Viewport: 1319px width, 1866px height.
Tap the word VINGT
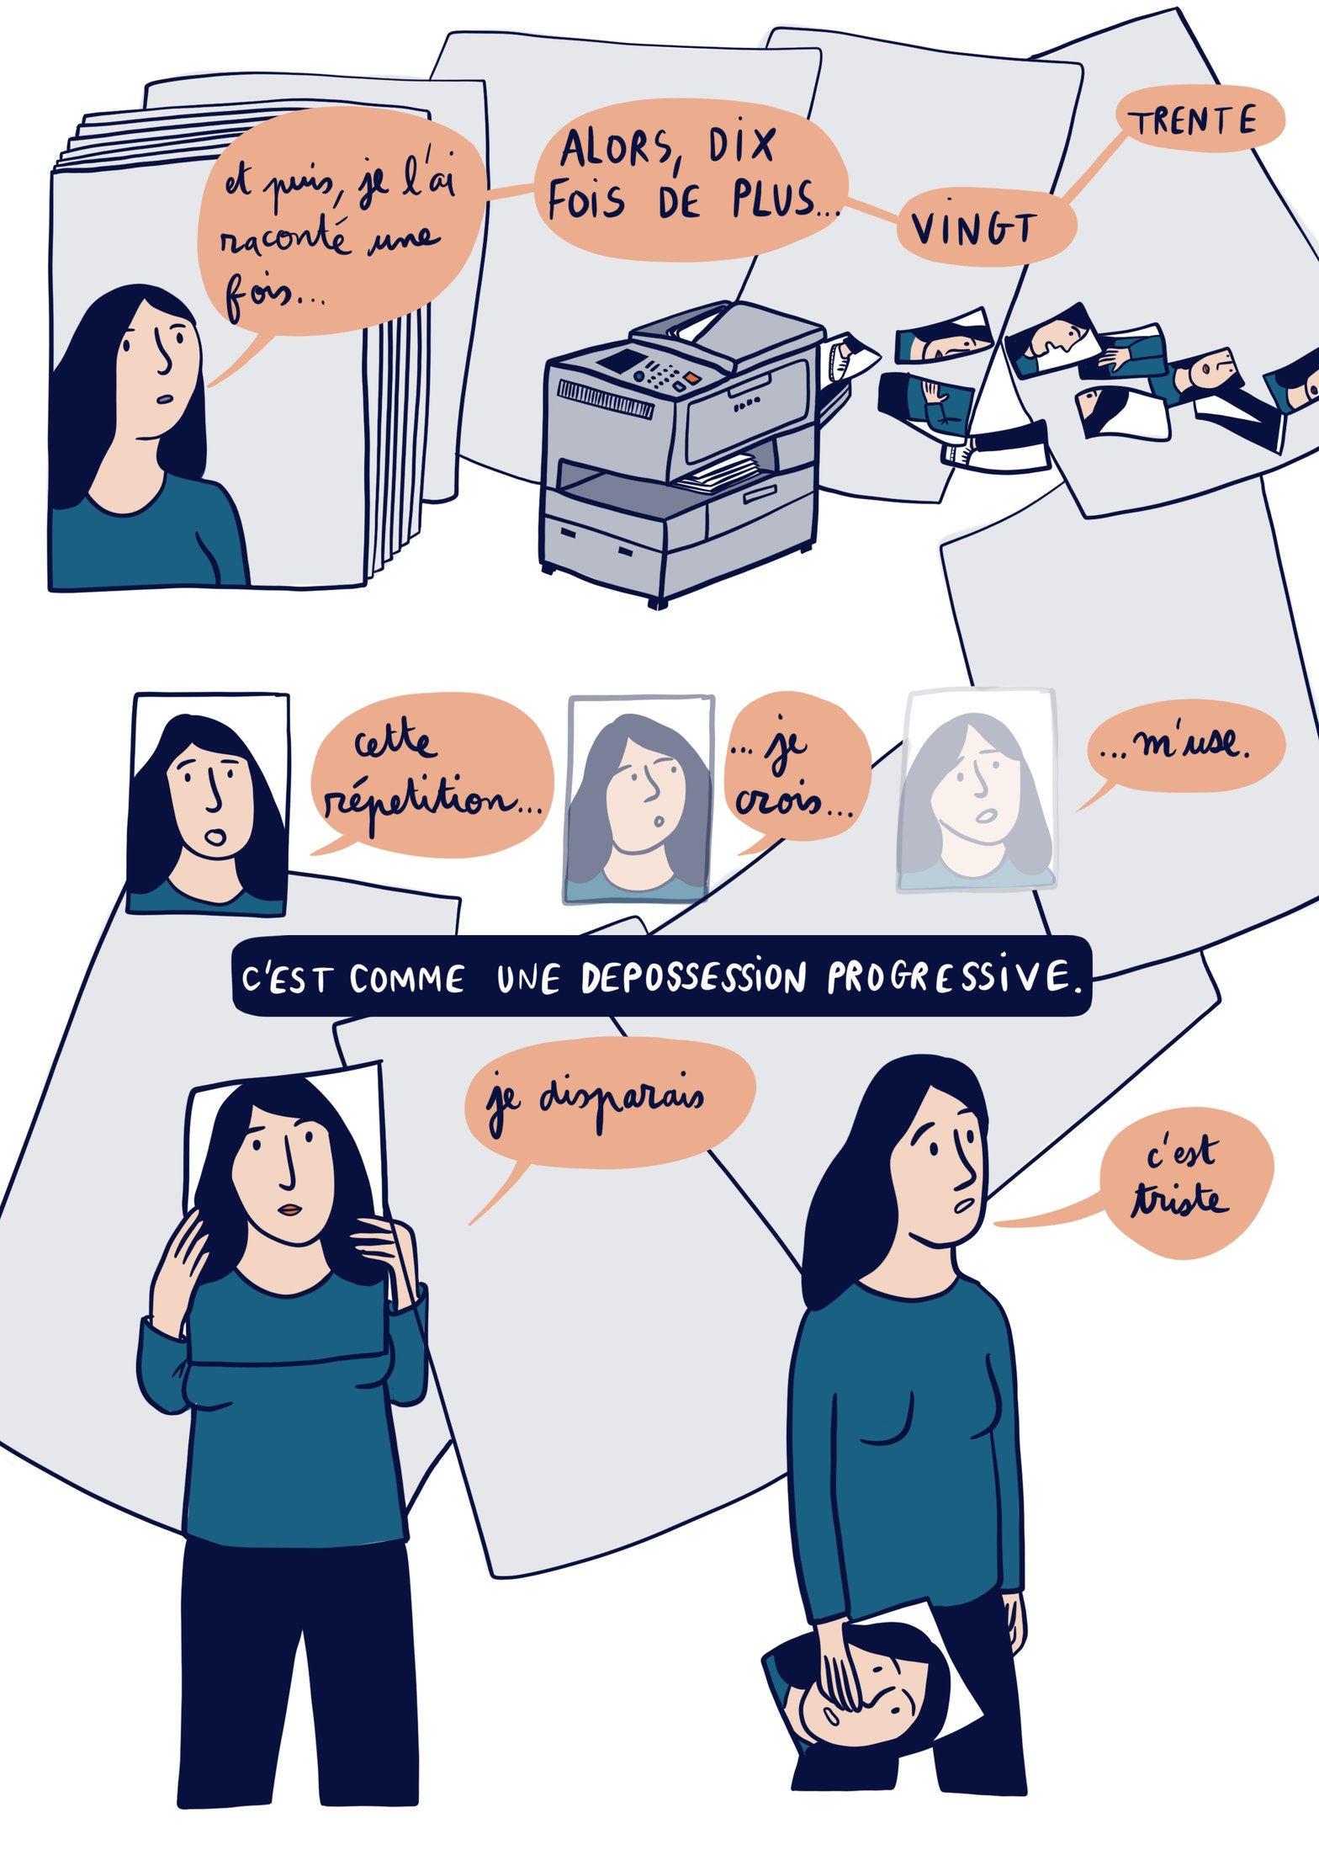[x=973, y=227]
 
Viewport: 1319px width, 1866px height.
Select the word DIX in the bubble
[x=740, y=145]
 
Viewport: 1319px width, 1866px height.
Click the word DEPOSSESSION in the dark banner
[x=693, y=977]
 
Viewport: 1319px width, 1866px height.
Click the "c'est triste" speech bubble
[x=1178, y=1187]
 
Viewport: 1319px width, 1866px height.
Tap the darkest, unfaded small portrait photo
[x=208, y=804]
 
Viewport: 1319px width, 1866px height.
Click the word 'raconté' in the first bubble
[x=283, y=238]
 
